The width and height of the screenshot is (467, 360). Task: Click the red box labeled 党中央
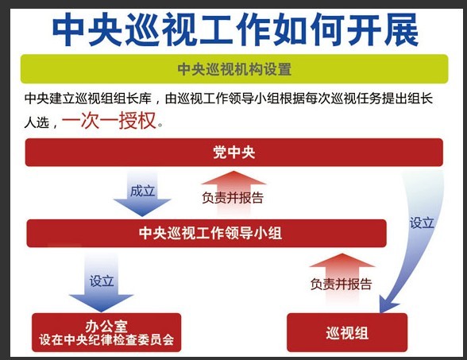[234, 153]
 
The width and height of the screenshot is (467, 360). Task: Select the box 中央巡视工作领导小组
[206, 234]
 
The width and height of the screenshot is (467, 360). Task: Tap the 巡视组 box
[347, 332]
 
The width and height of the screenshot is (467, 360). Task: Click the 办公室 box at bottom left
[106, 332]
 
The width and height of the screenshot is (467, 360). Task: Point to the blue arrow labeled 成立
[142, 194]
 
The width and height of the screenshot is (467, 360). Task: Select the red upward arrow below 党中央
[234, 194]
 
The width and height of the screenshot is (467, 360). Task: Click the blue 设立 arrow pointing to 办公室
[102, 281]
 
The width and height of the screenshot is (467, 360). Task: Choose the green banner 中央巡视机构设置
[234, 69]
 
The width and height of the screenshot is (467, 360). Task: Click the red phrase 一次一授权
[109, 121]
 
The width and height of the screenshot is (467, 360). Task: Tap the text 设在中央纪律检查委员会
[106, 340]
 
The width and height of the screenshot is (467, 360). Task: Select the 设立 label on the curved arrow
[422, 223]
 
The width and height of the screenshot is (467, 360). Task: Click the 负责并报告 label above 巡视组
[342, 284]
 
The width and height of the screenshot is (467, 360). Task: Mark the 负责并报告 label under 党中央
[233, 198]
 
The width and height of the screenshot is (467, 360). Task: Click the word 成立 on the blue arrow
[142, 191]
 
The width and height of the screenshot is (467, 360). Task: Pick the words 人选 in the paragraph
[37, 122]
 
